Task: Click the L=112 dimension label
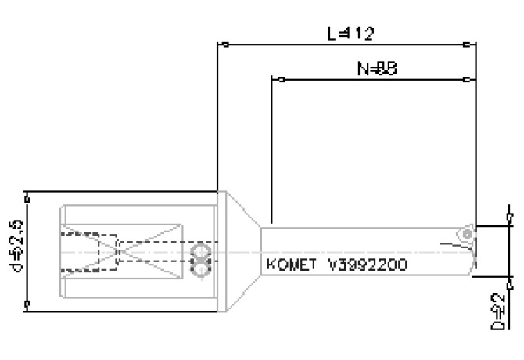pos(350,34)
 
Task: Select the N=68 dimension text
pos(378,69)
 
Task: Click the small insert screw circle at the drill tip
pos(466,234)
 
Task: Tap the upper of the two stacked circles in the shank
pos(201,254)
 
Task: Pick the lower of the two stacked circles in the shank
pos(201,269)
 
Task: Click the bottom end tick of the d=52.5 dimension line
pos(28,306)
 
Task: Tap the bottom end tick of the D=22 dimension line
pos(510,276)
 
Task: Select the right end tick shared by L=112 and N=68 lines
pos(467,45)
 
